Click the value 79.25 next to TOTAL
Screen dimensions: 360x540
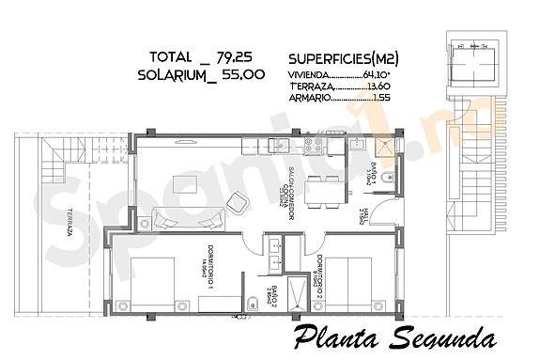coord(239,55)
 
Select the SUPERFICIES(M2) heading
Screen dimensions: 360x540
coord(343,56)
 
